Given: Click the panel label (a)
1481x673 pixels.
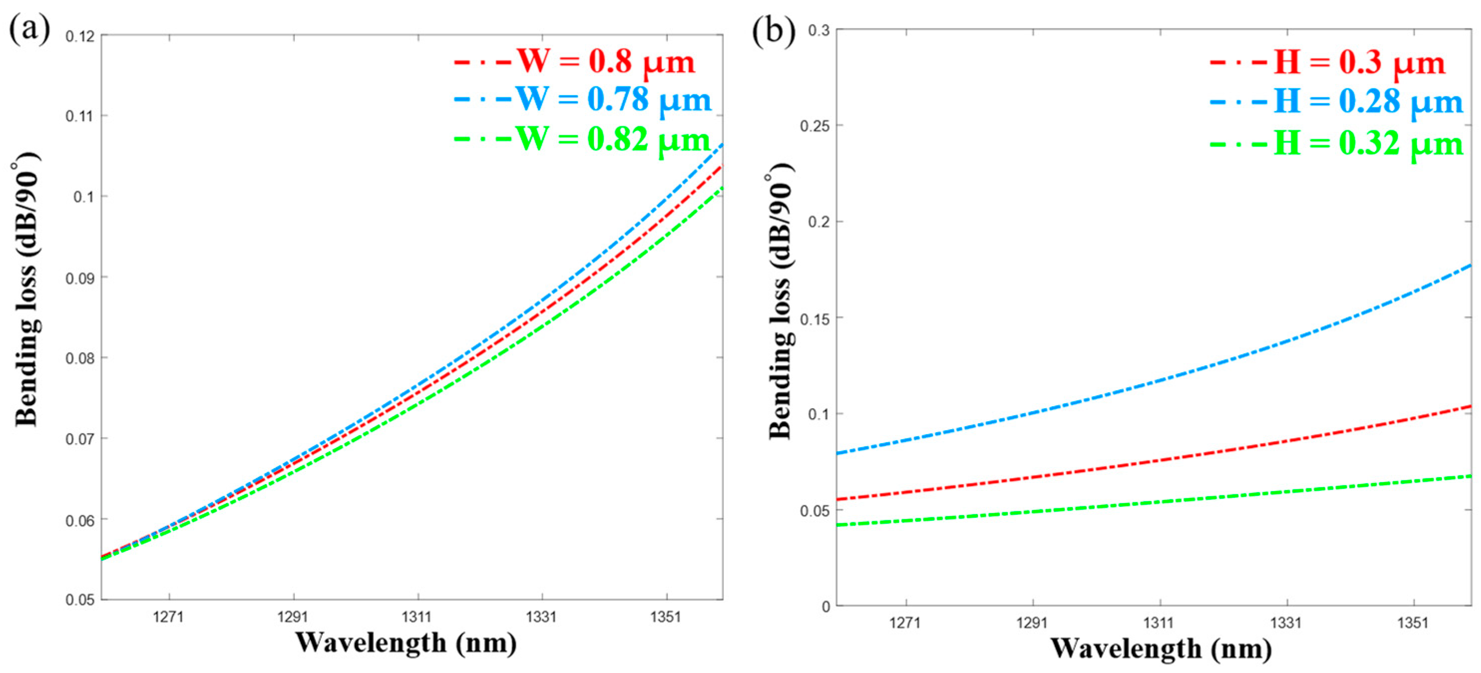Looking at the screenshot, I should [x=29, y=29].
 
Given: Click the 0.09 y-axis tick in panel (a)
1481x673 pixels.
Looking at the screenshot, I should [x=79, y=278].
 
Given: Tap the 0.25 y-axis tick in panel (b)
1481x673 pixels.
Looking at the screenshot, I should [x=815, y=125].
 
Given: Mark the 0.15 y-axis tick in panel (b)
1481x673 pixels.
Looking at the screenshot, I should [x=815, y=318].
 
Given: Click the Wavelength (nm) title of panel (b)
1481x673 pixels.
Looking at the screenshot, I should [x=1161, y=648].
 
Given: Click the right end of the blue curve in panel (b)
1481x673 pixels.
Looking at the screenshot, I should [x=1470, y=266].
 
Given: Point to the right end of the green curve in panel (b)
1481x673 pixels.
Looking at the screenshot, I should [x=1470, y=477].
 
